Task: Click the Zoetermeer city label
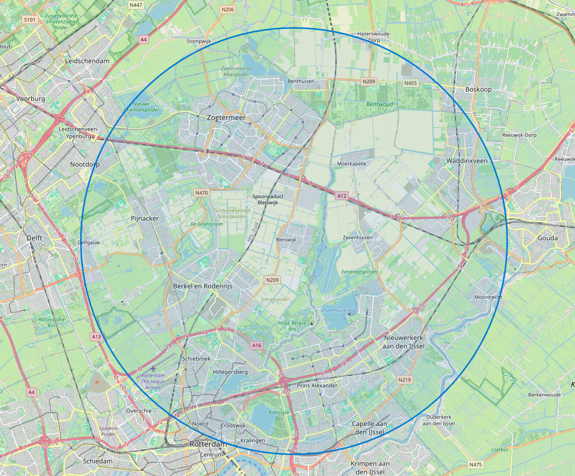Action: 226,117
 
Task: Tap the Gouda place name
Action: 547,238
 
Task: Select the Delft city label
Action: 34,238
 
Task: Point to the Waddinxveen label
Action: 466,161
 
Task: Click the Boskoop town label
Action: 478,89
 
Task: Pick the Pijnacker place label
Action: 145,218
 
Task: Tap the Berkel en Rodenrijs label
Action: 203,286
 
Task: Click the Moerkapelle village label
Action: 352,164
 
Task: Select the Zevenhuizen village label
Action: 358,237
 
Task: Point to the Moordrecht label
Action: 488,297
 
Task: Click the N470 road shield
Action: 202,193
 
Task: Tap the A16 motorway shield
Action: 257,345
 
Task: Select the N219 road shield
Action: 404,380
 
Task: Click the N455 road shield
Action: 410,83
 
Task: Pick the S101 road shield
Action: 30,20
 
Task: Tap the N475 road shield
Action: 476,464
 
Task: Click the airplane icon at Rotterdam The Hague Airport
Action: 153,368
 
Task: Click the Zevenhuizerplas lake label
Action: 339,310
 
